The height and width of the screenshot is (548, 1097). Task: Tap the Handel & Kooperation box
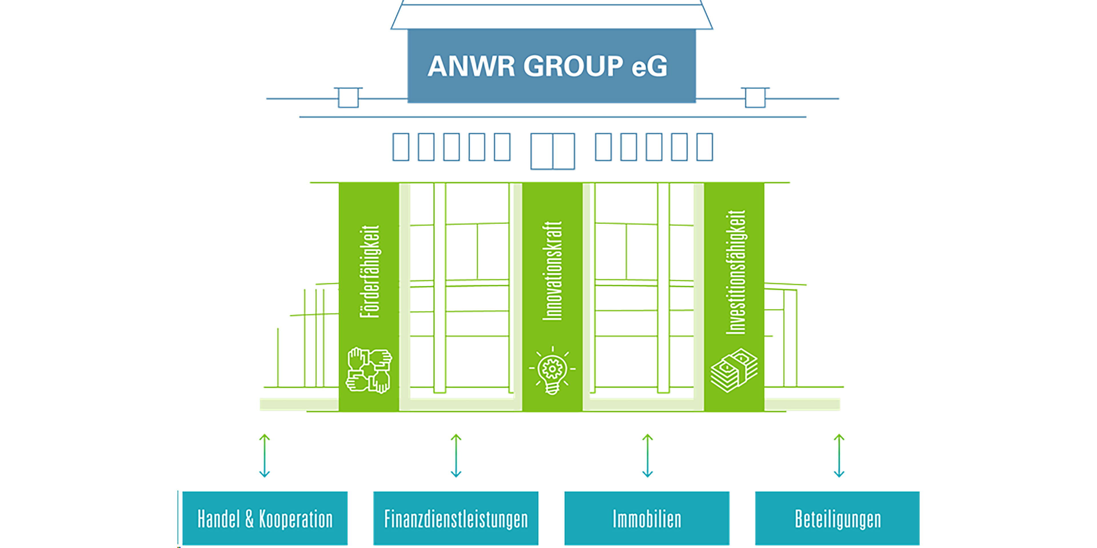[x=265, y=518]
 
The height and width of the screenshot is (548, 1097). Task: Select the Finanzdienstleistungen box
[x=456, y=518]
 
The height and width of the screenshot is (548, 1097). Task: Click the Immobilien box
[x=647, y=518]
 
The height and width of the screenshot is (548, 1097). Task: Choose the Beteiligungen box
[x=837, y=518]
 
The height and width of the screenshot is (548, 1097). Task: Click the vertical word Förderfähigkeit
[x=369, y=271]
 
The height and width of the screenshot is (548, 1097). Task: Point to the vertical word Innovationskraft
[x=552, y=271]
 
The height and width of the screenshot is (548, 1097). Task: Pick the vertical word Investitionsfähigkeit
[x=735, y=272]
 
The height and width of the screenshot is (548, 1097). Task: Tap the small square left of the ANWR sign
[x=348, y=97]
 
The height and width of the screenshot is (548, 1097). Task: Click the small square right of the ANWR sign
[x=755, y=97]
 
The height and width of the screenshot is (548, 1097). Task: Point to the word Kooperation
[x=296, y=519]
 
